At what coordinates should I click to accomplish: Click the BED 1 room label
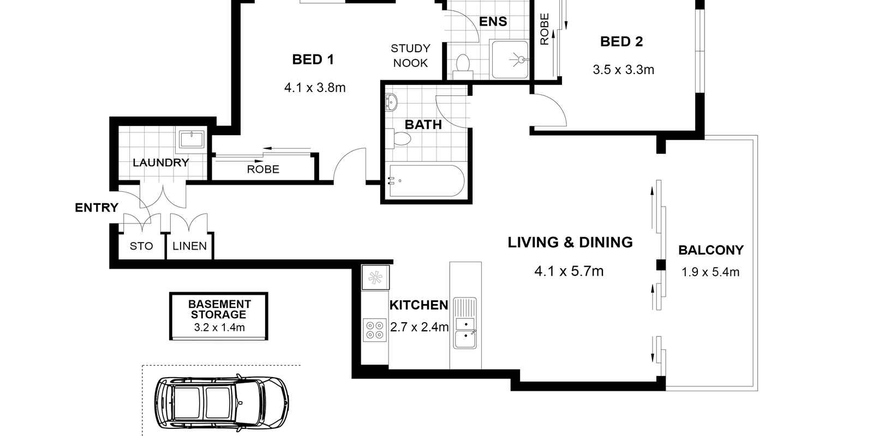(x=313, y=59)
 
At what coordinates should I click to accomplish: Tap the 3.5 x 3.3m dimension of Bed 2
(x=623, y=70)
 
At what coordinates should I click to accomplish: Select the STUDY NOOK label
(x=410, y=56)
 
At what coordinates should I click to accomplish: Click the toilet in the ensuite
(x=463, y=62)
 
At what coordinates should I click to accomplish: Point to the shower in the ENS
(x=510, y=59)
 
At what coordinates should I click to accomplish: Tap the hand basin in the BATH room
(x=391, y=102)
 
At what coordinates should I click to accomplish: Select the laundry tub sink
(x=190, y=139)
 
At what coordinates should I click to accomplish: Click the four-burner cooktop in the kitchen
(x=374, y=330)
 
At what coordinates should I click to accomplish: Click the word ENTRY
(x=97, y=208)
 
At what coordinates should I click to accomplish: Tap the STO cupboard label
(x=141, y=246)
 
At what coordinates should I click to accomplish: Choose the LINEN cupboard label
(x=189, y=246)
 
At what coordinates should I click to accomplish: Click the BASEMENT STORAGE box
(x=219, y=316)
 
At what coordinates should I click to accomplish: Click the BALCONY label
(x=710, y=250)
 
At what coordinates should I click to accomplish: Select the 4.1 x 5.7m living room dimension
(x=569, y=271)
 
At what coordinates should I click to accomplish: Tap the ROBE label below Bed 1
(x=263, y=169)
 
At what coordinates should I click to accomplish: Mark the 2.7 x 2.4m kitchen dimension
(x=419, y=327)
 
